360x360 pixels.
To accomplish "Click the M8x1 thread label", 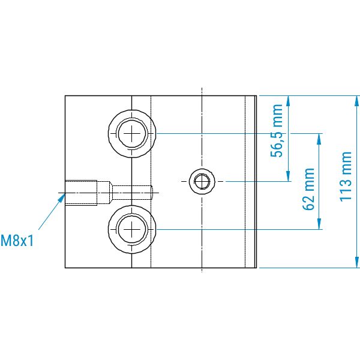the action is pos(17,241).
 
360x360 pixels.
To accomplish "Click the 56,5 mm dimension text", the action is pos(277,131).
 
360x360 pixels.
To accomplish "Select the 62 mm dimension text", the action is pos(308,189).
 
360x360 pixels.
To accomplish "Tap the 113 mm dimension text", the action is pos(346,176).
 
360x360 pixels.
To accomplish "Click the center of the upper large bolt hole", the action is pos(132,133).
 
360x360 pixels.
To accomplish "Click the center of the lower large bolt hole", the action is pos(132,229).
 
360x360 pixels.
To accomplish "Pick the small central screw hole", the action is pos(202,181).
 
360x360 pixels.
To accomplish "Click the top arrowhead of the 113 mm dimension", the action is pos(357,101).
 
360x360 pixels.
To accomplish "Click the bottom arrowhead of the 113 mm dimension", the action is pos(357,262).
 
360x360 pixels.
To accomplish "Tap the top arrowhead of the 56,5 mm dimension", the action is pos(289,101).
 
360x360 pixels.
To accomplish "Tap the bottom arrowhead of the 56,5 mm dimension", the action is pos(289,176).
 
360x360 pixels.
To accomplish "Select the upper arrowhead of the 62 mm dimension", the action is pos(319,139).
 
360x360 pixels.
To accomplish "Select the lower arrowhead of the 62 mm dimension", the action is pos(319,224).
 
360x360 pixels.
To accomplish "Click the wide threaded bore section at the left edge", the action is pos(81,193).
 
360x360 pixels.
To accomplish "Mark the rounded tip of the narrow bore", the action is pos(152,193).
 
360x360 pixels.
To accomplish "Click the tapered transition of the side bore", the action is pos(110,193).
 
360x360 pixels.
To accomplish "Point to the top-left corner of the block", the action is pos(65,96).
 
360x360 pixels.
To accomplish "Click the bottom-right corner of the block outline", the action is pos(256,268).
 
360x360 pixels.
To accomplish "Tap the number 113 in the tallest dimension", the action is pos(346,189).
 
